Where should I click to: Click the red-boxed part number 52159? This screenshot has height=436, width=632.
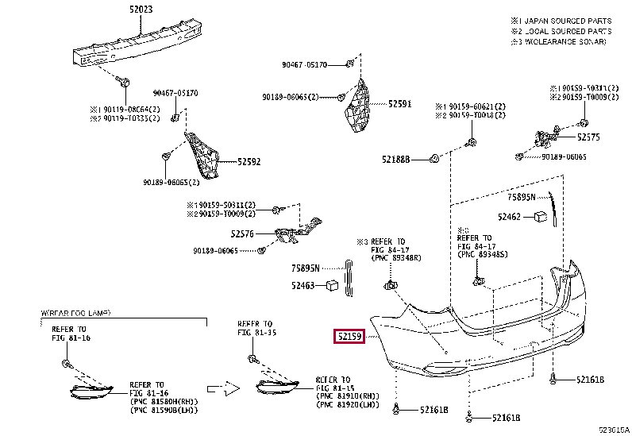(349, 337)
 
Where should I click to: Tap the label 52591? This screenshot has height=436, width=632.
(399, 103)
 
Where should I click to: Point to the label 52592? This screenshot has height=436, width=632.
(249, 162)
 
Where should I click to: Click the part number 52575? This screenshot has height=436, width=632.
(589, 137)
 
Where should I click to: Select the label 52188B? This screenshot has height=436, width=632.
(396, 160)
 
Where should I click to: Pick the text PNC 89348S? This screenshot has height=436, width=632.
(485, 254)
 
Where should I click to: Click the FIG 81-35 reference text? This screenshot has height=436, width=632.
(256, 334)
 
